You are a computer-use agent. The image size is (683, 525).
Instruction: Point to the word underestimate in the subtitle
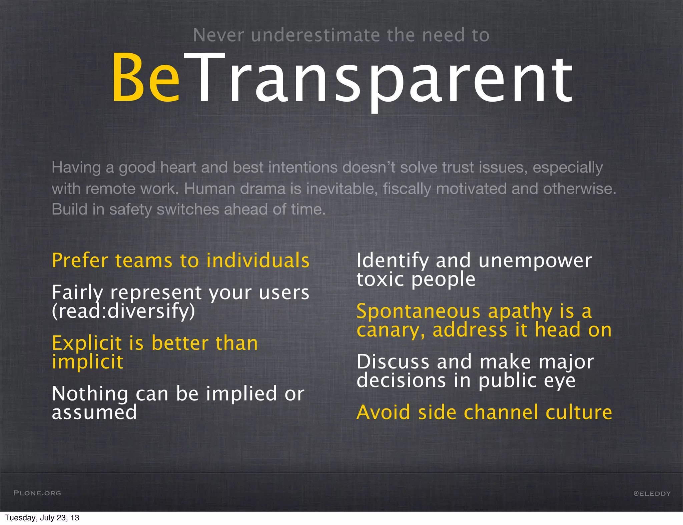coord(315,35)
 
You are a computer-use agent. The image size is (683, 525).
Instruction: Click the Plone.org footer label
coord(37,493)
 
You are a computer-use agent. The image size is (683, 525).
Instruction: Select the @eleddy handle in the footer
coord(652,493)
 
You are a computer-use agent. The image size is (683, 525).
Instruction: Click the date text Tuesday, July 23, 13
coord(42,518)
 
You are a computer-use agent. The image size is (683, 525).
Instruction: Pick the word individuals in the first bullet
coord(258,260)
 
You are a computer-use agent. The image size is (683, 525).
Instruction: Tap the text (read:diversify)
coord(123,311)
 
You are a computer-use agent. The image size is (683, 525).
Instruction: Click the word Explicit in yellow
coord(87,343)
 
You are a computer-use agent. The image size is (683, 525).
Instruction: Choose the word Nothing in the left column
coord(90,394)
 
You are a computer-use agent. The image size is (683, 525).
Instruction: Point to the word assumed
coord(94,412)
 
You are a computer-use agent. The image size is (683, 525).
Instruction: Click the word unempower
coord(535,261)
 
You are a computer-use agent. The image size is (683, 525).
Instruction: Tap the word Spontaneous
coord(418,311)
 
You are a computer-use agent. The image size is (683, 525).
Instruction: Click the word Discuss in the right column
coord(393,362)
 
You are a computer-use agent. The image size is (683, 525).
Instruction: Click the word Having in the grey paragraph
coord(76,167)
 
